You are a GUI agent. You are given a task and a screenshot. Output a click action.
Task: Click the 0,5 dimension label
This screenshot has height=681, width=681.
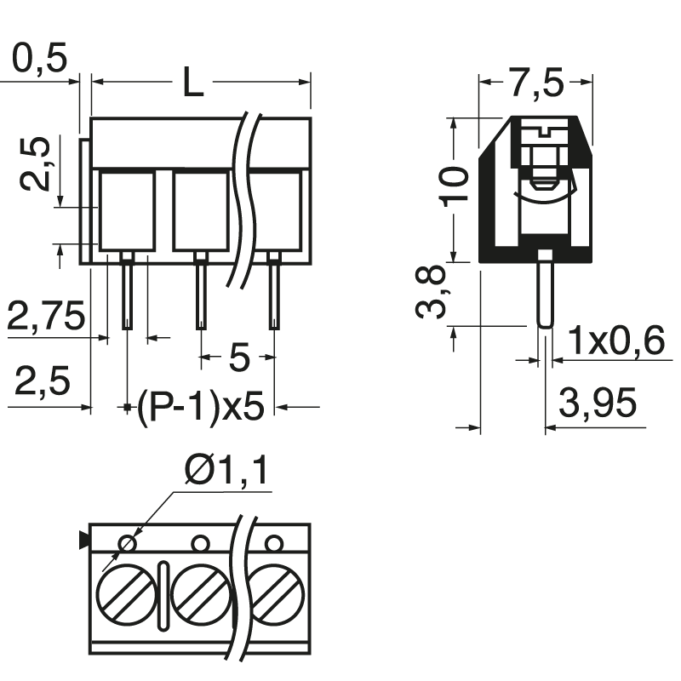click(x=40, y=60)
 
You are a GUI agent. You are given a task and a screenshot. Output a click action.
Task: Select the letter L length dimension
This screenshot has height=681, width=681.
click(x=194, y=83)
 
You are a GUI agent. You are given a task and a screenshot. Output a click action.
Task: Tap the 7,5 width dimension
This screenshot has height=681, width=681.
click(x=536, y=83)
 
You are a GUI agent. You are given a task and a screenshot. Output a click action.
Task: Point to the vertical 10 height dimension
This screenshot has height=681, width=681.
click(x=457, y=184)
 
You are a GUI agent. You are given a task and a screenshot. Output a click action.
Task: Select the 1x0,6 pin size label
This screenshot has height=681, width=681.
click(x=615, y=341)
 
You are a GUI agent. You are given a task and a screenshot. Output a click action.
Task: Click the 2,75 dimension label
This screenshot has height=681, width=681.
click(x=46, y=317)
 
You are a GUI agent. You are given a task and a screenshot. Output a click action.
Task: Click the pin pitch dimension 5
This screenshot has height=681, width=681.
click(x=239, y=358)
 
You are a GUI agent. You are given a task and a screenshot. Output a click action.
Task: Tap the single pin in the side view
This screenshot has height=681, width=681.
click(x=545, y=289)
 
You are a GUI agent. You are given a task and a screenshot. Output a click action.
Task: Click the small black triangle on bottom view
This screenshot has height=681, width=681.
click(x=83, y=540)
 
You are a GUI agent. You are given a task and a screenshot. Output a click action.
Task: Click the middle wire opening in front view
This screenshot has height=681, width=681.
click(x=201, y=209)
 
